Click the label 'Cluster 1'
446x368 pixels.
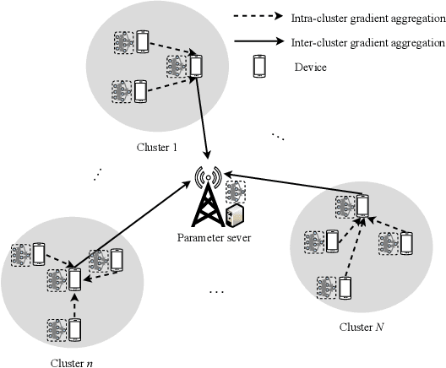pyautogui.click(x=158, y=149)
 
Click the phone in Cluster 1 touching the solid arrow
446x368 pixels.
pyautogui.click(x=196, y=65)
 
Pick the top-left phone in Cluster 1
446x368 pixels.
pyautogui.click(x=142, y=41)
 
